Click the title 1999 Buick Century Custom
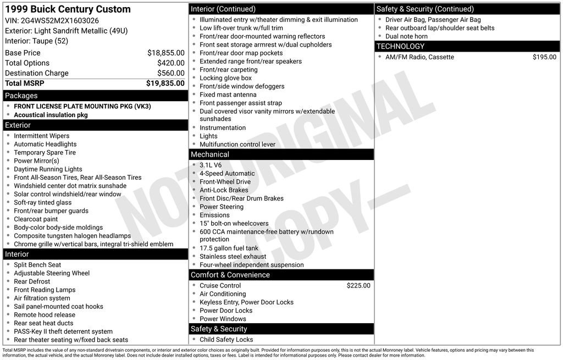coord(68,9)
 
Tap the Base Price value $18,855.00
coord(165,53)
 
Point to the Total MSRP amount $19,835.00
coord(165,83)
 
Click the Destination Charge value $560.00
coord(170,73)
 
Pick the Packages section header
coord(21,96)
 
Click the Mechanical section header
coord(210,154)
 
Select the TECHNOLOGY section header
coord(401,46)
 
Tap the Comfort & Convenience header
coord(230,275)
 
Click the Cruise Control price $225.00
coord(358,286)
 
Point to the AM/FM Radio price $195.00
coord(544,57)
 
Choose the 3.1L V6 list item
coord(211,165)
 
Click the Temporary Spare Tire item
coord(45,153)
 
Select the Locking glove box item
coord(225,78)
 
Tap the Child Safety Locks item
coord(227,340)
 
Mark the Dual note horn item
coord(406,36)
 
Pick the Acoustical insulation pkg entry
coord(51,115)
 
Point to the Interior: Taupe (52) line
coord(36,41)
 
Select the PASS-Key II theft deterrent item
coord(63,331)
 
